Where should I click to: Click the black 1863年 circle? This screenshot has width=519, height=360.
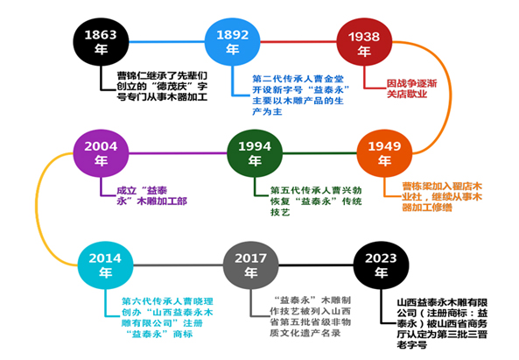[101, 42]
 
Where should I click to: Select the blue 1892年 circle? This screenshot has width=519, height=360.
[232, 42]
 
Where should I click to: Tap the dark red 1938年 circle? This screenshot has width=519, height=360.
[364, 42]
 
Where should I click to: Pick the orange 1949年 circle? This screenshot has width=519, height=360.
[384, 153]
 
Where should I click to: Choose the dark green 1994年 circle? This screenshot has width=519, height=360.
[255, 153]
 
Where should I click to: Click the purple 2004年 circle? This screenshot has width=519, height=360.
[101, 153]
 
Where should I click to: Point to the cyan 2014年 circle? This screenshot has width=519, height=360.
[105, 265]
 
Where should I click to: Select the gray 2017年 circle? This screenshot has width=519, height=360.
[250, 265]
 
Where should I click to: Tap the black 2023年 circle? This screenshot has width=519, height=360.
[381, 265]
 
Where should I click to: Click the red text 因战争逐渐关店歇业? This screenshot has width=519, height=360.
[411, 88]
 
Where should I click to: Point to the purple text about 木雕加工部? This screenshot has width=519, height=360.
[151, 195]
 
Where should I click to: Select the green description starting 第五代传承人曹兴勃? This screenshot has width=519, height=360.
[316, 201]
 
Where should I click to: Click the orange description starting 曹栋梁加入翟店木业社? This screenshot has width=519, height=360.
[442, 196]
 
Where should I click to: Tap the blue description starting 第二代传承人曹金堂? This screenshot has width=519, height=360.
[301, 95]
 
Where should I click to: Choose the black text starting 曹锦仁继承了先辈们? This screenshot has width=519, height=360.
[162, 86]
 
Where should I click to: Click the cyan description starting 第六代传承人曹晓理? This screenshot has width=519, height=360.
[167, 318]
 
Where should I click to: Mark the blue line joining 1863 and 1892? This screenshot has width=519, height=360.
[167, 42]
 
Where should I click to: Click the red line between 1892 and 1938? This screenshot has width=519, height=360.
[298, 42]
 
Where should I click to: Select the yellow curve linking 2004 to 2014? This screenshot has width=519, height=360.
[37, 208]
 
